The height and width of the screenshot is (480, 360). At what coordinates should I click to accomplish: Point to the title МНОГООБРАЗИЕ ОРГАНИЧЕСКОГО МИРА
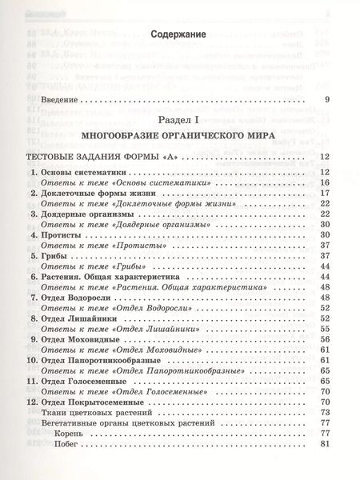click(178, 136)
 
